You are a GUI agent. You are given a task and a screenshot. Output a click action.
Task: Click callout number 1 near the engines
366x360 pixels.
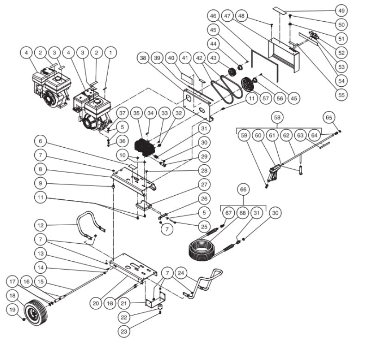pyautogui.click(x=110, y=54)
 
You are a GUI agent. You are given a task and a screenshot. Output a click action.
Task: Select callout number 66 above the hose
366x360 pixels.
pyautogui.click(x=243, y=190)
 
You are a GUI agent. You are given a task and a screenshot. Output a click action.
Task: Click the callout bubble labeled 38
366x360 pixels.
pyautogui.click(x=144, y=58)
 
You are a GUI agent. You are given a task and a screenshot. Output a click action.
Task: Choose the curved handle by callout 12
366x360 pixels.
pyautogui.click(x=87, y=222)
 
